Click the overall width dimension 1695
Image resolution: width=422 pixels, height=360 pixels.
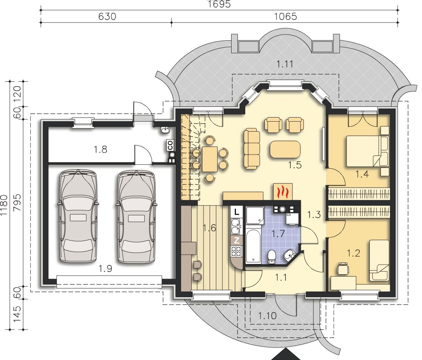(219, 4)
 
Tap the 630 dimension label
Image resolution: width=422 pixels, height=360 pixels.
(107, 16)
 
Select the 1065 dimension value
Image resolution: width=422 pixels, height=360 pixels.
(285, 16)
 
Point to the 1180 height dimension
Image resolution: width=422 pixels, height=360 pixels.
(4, 205)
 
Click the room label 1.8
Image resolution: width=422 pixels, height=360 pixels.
(100, 149)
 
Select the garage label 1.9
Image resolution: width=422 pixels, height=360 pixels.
(105, 268)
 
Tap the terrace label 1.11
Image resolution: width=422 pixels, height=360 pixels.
(285, 64)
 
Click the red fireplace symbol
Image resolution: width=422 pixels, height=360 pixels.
(283, 192)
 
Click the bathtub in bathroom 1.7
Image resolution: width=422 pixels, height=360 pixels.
(253, 246)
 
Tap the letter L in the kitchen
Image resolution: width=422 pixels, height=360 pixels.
(237, 211)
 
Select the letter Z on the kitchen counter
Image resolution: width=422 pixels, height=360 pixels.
(237, 240)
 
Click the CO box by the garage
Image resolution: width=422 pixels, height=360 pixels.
(170, 145)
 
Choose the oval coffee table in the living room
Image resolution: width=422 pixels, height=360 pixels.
(285, 149)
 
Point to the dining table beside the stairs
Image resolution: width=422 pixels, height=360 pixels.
(210, 159)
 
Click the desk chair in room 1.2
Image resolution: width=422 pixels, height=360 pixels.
(342, 269)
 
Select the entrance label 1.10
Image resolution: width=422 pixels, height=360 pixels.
(267, 316)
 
